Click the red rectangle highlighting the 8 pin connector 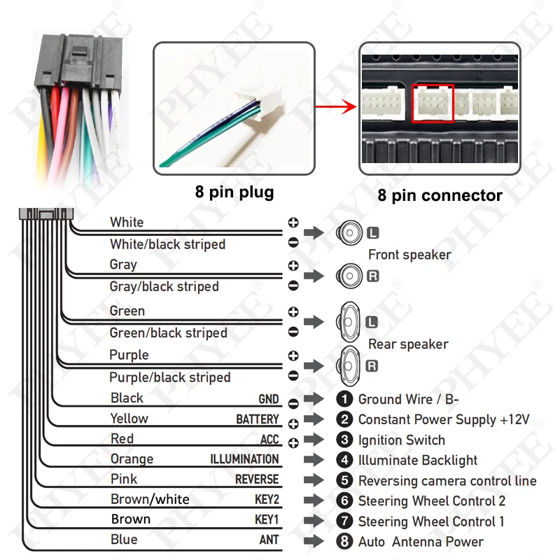tap(433, 103)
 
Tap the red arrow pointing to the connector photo tap(333, 108)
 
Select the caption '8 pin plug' tap(234, 192)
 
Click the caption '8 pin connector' tap(440, 195)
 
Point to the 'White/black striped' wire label tap(167, 244)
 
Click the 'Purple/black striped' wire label tap(169, 377)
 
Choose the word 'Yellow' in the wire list tap(129, 419)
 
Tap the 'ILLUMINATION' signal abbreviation tap(244, 459)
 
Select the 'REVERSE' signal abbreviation tap(257, 479)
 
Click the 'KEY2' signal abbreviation tap(267, 500)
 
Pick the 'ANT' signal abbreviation tap(269, 540)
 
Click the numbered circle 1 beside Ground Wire tap(344, 399)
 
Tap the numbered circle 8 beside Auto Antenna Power tap(344, 541)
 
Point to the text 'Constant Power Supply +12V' tap(444, 420)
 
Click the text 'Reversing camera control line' tap(447, 481)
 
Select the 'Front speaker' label tap(409, 255)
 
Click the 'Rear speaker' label tap(408, 344)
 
